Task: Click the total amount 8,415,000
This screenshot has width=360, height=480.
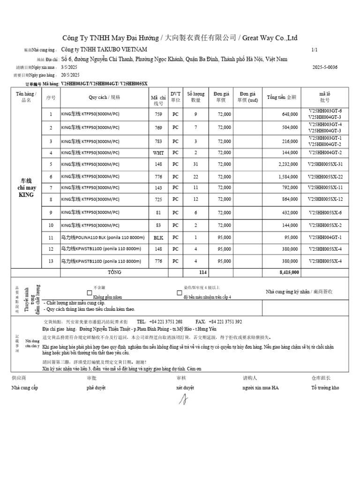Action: coord(289,272)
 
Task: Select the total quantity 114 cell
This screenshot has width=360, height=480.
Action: coord(202,272)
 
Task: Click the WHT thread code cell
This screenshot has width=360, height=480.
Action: coord(158,153)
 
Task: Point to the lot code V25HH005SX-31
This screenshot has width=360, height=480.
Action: coord(325,164)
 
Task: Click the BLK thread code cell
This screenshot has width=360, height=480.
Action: coord(158,238)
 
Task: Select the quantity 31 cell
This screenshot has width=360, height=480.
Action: coord(196,164)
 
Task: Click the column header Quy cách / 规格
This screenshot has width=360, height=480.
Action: coord(104,97)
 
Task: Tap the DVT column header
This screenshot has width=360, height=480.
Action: coord(175,97)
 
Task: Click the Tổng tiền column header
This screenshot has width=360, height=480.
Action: coord(281,97)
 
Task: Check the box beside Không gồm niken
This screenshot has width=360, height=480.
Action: coord(90,292)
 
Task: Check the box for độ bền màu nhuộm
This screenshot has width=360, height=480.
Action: coord(179,292)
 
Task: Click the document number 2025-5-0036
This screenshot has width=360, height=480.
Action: coord(325,67)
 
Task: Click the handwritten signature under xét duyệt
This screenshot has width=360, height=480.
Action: coord(185,399)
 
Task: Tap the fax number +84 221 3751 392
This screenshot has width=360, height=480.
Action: coord(225,322)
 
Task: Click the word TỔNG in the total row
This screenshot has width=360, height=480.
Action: coord(114,272)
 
